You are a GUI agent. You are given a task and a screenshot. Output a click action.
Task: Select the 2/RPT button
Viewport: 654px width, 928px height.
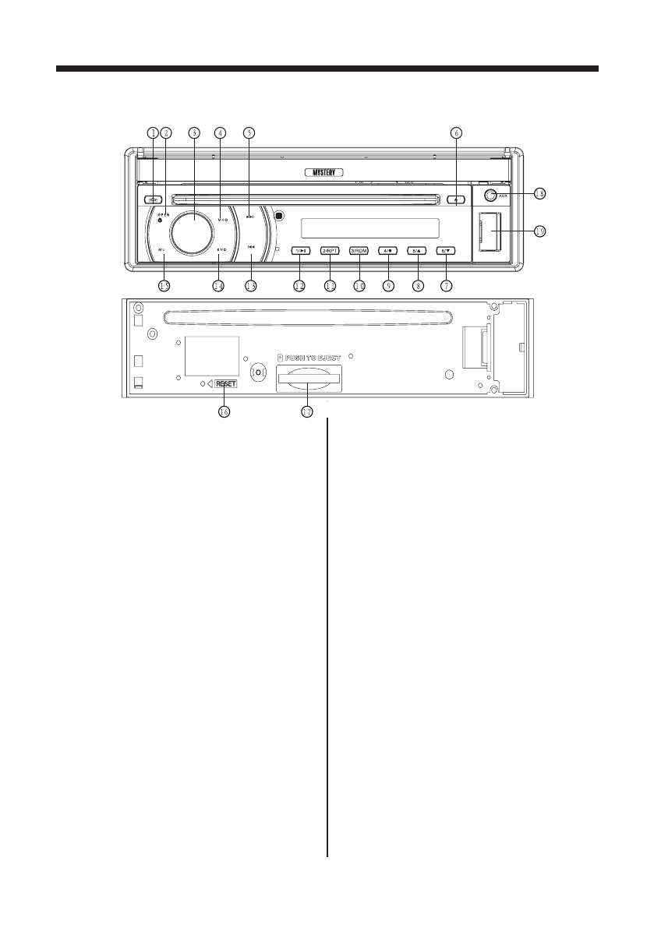(330, 250)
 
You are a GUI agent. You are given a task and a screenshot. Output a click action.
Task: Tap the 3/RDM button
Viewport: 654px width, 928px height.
(359, 250)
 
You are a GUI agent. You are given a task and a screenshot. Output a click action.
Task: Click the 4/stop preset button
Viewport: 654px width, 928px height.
(387, 250)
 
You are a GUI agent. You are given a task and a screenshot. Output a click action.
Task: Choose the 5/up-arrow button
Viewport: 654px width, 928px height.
(417, 250)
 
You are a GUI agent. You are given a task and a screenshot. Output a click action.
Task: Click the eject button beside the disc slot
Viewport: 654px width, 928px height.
(455, 199)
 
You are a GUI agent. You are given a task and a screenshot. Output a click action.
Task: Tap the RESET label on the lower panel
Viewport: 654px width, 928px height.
(226, 384)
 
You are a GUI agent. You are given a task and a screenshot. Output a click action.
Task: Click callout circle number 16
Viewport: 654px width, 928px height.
(224, 412)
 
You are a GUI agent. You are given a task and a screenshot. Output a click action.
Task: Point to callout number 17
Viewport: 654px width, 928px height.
(307, 412)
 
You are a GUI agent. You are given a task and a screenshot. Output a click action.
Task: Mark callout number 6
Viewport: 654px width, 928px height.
(456, 133)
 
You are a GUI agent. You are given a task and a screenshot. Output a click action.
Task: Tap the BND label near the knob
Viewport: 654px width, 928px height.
(221, 250)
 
